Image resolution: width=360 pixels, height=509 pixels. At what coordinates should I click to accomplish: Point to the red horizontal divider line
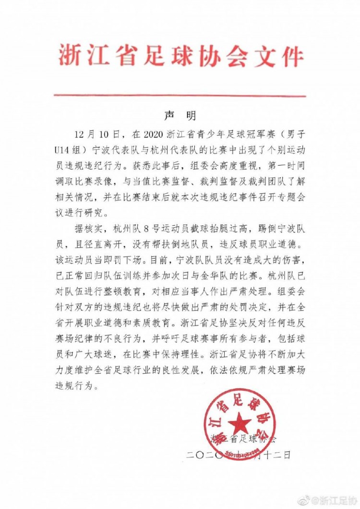point(180,96)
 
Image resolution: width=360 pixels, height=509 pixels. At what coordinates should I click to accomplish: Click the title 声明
point(180,116)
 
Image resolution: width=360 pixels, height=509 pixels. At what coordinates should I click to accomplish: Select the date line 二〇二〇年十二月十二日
point(239,454)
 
